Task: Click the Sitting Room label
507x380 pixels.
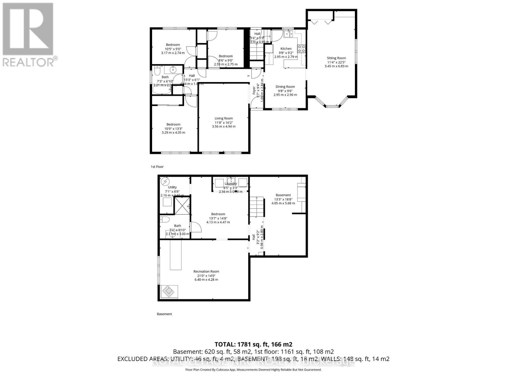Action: click(336, 58)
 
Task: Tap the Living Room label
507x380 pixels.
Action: click(224, 118)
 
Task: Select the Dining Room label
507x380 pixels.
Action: click(285, 86)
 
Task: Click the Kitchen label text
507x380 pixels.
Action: click(286, 49)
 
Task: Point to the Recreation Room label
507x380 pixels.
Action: click(206, 271)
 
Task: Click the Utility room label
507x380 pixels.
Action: click(172, 187)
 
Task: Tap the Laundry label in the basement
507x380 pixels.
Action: click(231, 184)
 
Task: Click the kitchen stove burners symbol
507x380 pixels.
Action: click(302, 49)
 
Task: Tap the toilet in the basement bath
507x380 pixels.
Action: click(164, 220)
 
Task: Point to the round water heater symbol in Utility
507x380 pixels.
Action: click(165, 182)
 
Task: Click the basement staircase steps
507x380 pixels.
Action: click(257, 206)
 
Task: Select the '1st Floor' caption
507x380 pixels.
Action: click(157, 167)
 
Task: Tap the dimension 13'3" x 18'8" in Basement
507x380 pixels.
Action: click(283, 199)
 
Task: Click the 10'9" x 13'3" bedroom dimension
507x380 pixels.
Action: click(173, 129)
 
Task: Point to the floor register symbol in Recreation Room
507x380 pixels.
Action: click(170, 291)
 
